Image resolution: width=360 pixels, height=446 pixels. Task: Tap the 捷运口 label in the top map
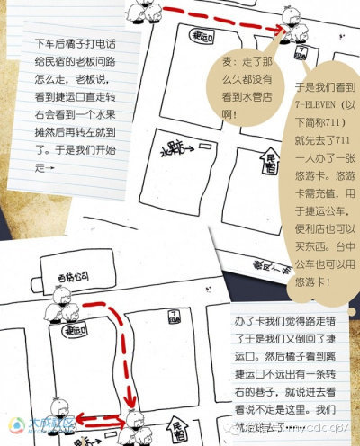pos(201,39)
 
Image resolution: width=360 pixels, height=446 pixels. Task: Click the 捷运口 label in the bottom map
pos(70,331)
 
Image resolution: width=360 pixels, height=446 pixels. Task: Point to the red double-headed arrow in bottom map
pos(97,415)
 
